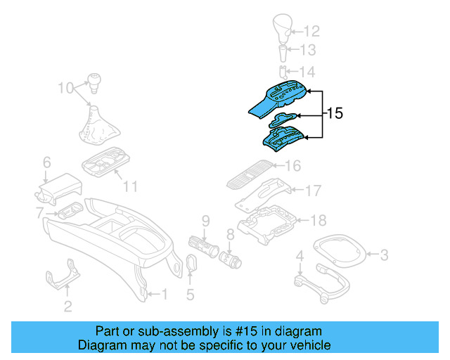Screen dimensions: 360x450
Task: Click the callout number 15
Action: [335, 112]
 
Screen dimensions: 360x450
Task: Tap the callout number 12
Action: [311, 31]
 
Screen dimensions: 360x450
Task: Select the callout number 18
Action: [319, 220]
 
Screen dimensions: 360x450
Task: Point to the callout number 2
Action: [67, 305]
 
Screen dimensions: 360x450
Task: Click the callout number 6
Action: [46, 162]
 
